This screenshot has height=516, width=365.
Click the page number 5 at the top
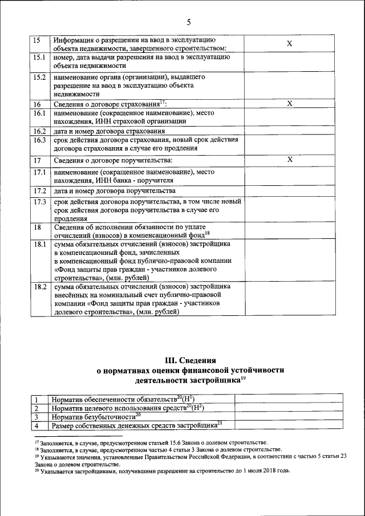[x=189, y=22]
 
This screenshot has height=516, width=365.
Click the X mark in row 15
[x=289, y=44]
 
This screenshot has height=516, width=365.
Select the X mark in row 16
[x=289, y=103]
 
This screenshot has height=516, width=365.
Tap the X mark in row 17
[x=289, y=160]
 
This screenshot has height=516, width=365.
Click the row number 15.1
[x=39, y=58]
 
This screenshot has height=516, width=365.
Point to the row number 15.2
[x=39, y=77]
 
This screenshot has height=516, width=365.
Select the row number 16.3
[x=39, y=140]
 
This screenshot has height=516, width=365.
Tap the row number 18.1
[x=39, y=244]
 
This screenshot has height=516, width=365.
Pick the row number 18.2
[x=39, y=287]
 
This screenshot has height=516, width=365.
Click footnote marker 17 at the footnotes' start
[x=36, y=441]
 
